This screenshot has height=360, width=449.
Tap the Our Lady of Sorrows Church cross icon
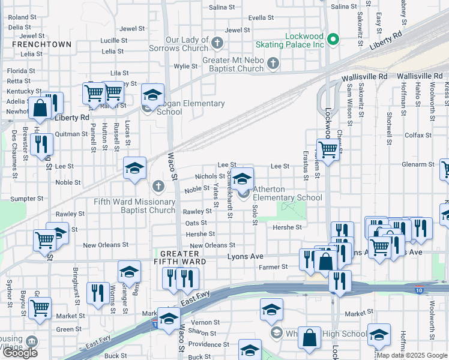pos(218,43)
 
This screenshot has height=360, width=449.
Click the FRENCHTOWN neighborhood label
pos(41,44)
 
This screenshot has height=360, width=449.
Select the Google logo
pos(20,352)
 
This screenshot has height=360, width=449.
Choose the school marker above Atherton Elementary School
pos(243,179)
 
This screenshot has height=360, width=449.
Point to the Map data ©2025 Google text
pos(412,355)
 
